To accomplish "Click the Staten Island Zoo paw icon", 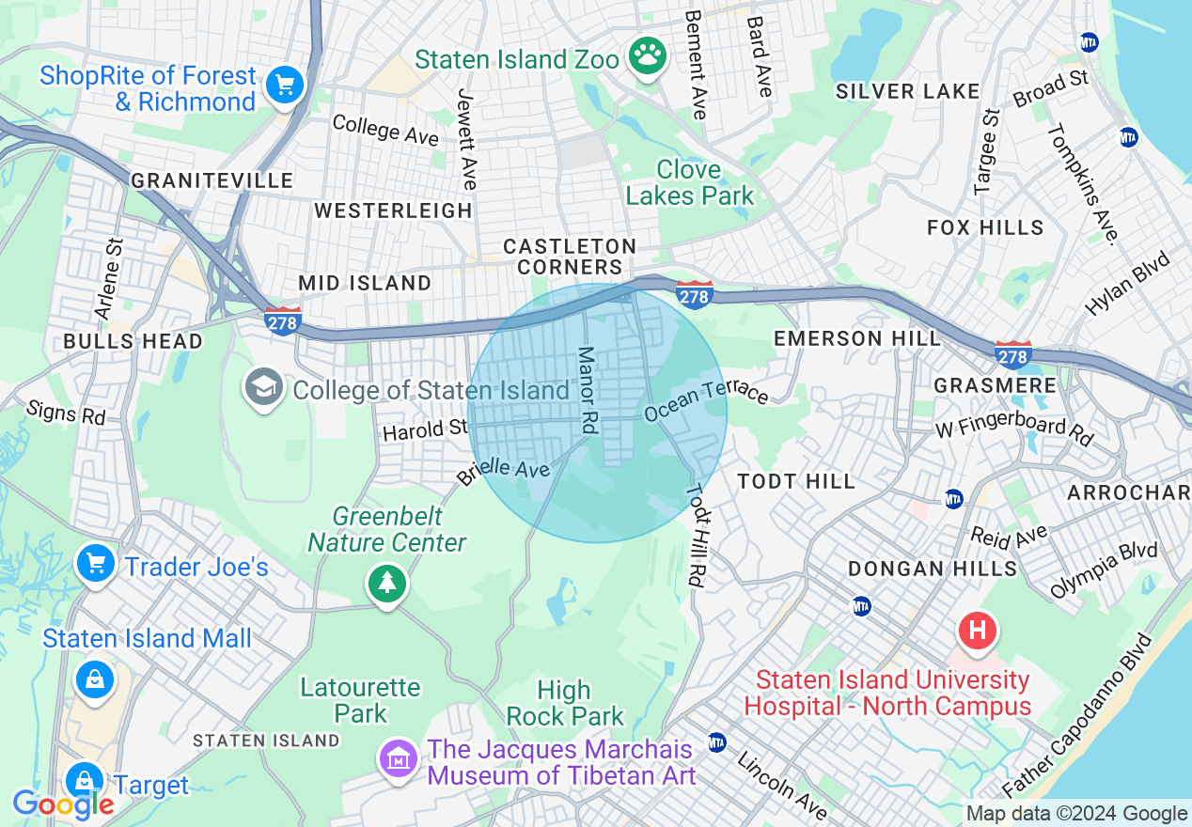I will pyautogui.click(x=648, y=56).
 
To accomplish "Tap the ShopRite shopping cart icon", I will pyautogui.click(x=284, y=86).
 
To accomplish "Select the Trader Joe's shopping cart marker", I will pyautogui.click(x=95, y=565).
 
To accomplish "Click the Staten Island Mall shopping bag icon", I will pyautogui.click(x=95, y=679).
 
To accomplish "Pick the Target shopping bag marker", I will pyautogui.click(x=85, y=781).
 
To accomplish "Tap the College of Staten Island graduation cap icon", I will pyautogui.click(x=264, y=387).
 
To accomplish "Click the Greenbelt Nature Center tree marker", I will pyautogui.click(x=386, y=584).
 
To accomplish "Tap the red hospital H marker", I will pyautogui.click(x=977, y=629).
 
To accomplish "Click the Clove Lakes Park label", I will pyautogui.click(x=690, y=182).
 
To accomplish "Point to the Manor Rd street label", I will pyautogui.click(x=588, y=390).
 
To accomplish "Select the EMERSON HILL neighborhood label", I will pyautogui.click(x=855, y=338).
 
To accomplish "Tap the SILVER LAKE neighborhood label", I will pyautogui.click(x=907, y=91).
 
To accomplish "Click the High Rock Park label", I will pyautogui.click(x=565, y=703).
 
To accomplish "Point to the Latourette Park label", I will pyautogui.click(x=360, y=700).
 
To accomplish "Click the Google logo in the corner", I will pyautogui.click(x=62, y=804).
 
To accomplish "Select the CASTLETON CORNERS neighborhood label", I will pyautogui.click(x=570, y=257).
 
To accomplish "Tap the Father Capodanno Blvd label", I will pyautogui.click(x=1076, y=717).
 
